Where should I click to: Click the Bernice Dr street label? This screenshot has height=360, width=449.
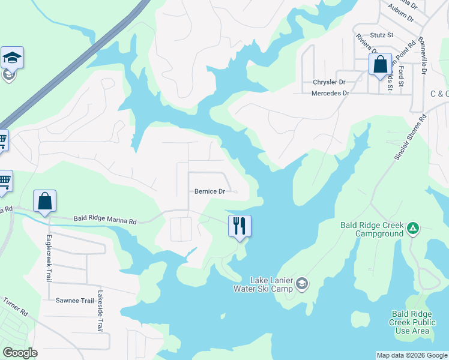pos(209,192)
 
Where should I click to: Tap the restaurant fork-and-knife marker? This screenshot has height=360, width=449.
pos(240,226)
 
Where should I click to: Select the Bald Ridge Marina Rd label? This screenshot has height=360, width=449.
pos(105,221)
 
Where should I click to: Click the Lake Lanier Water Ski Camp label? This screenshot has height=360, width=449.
pos(263,284)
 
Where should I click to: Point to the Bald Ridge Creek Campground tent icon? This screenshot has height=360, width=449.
pos(412,228)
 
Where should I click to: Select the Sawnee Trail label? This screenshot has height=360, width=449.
pos(72,300)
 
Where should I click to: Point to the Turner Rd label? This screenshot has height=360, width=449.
pos(16,307)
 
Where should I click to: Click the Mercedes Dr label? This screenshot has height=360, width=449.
pos(330,94)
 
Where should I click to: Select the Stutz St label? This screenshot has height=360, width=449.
pos(382,35)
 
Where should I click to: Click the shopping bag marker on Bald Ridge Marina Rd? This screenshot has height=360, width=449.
pos(45,201)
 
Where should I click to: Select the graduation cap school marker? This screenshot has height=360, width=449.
pos(12,58)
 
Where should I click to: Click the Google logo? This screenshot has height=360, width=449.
pos(20,353)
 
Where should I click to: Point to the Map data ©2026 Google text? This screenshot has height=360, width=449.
pos(412,355)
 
